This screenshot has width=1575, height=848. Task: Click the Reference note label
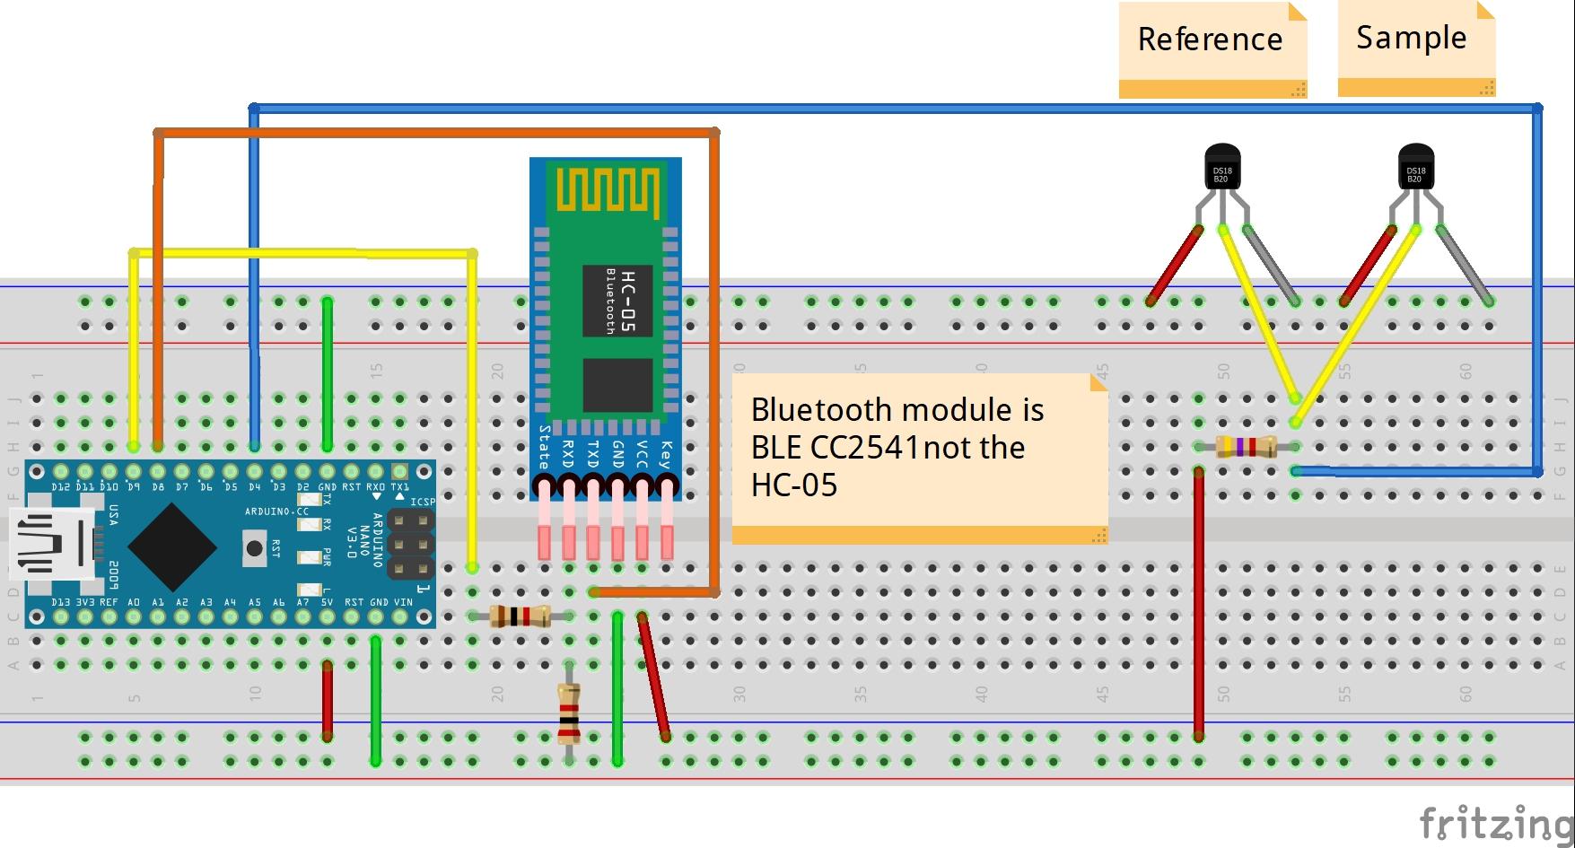(1210, 40)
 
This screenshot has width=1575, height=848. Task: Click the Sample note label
(1411, 39)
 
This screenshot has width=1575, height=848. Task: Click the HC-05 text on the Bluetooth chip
(627, 301)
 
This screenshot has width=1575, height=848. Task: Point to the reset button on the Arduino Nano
(255, 546)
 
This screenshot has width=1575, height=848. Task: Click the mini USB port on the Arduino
(52, 542)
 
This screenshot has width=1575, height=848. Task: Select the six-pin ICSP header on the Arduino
(410, 544)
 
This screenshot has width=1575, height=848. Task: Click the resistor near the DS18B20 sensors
(1247, 446)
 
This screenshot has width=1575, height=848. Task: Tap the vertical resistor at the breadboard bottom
(569, 714)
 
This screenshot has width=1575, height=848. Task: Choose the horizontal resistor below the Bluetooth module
(521, 616)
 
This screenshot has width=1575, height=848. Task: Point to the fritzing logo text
(1495, 822)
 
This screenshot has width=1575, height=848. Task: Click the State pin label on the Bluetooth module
(544, 446)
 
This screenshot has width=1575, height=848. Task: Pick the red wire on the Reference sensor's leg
(1174, 266)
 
